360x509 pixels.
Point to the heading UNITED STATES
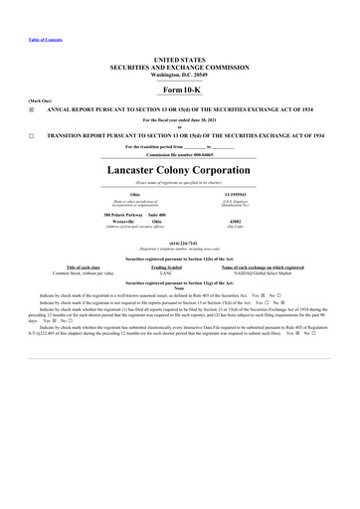coord(180,60)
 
